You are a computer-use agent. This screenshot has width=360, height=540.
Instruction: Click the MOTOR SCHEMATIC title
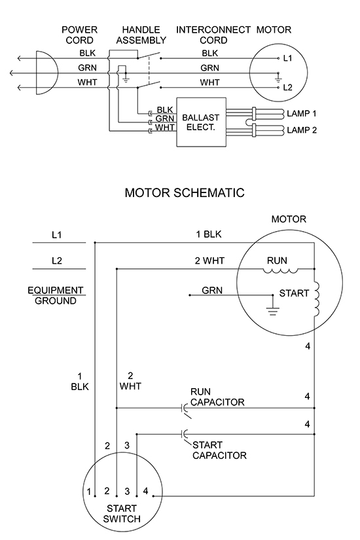[x=185, y=192]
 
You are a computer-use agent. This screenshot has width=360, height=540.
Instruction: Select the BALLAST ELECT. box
[x=202, y=122]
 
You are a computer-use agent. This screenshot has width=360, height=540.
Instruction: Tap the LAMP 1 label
[x=302, y=113]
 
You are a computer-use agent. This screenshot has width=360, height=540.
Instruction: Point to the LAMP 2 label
[x=302, y=130]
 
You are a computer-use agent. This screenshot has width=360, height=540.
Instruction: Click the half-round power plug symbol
[x=46, y=73]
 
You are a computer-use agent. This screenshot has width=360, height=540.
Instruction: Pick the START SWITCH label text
[x=122, y=513]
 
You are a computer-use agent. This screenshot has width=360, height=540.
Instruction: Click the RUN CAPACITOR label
[x=217, y=397]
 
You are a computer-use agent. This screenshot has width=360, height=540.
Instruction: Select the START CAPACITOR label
[x=219, y=450]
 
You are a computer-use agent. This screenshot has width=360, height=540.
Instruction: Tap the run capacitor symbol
[x=185, y=410]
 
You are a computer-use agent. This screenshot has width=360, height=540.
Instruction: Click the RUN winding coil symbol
[x=280, y=271]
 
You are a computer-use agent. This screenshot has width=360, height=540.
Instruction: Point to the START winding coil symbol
[x=317, y=299]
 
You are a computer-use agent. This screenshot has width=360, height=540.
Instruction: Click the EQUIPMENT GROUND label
[x=56, y=295]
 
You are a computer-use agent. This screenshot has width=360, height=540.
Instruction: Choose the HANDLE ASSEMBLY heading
[x=141, y=35]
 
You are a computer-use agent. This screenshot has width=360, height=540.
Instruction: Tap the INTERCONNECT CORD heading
[x=213, y=35]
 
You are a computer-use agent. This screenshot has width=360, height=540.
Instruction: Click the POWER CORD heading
[x=80, y=35]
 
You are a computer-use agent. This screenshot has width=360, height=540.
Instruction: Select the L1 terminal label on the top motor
[x=287, y=58]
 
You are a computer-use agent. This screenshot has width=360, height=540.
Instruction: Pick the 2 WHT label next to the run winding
[x=209, y=261]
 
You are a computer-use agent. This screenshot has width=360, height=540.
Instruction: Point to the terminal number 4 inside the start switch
[x=146, y=491]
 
